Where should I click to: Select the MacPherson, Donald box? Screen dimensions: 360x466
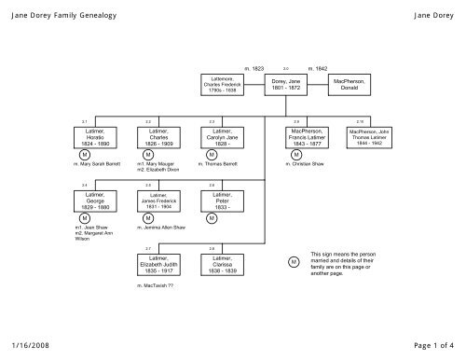pyautogui.click(x=349, y=85)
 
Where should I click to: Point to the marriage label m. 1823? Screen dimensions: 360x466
pyautogui.click(x=254, y=69)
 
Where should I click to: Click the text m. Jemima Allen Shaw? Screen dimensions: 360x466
pyautogui.click(x=163, y=228)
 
